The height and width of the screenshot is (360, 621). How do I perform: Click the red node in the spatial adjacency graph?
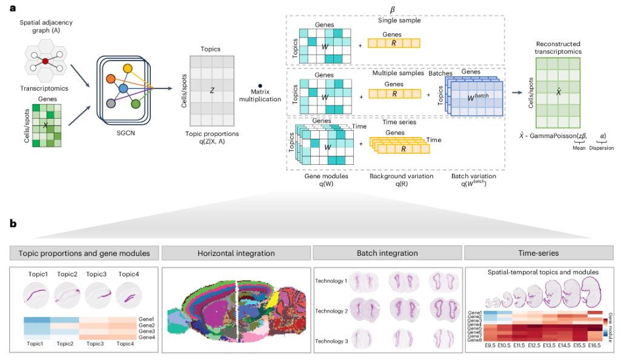(x=45, y=62)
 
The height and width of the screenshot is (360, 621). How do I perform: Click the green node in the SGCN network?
(x=136, y=104)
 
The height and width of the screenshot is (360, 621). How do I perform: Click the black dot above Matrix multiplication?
(x=261, y=86)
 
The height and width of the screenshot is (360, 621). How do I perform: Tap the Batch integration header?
(x=387, y=253)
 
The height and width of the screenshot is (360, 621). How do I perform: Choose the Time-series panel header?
(x=539, y=253)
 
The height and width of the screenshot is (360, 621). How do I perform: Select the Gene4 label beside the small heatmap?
(x=145, y=337)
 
